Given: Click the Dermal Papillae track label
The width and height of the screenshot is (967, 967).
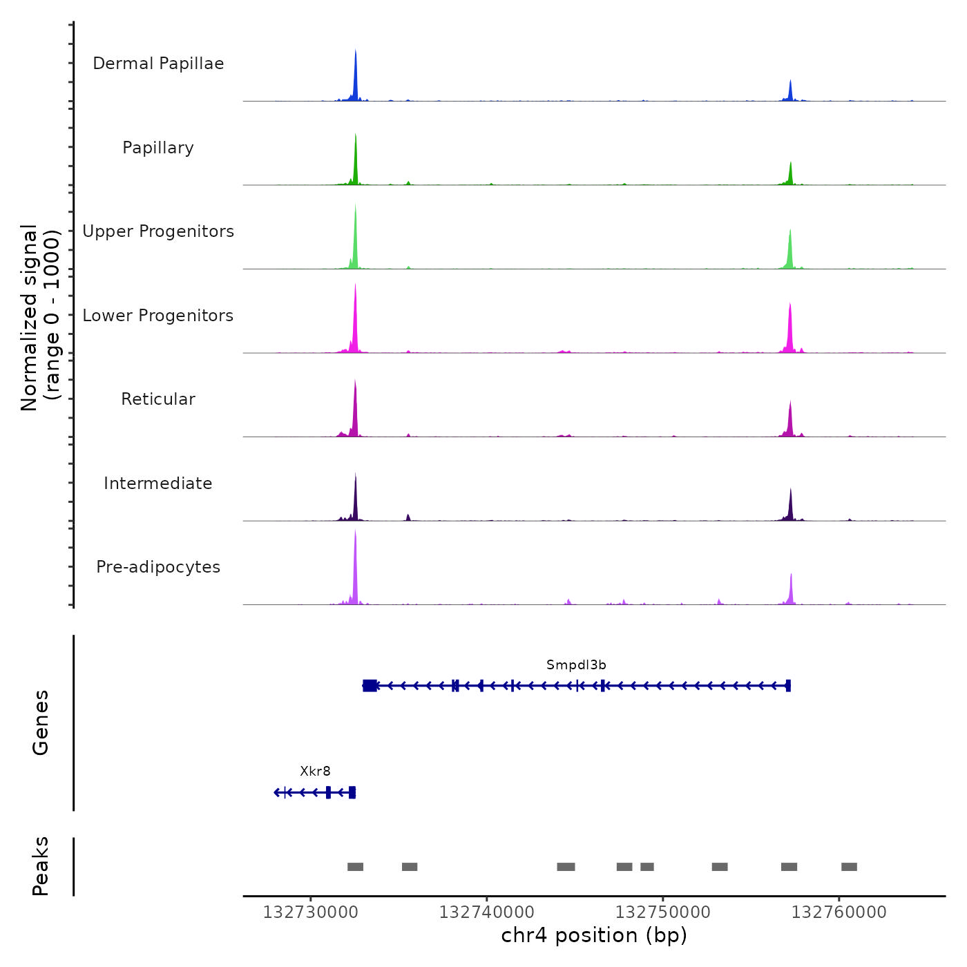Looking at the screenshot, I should [158, 64].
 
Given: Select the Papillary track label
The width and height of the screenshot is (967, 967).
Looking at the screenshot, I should [158, 148].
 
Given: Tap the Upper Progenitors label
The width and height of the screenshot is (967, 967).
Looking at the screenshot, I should [158, 231].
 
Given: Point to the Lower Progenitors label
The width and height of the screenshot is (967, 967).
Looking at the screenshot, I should [158, 316].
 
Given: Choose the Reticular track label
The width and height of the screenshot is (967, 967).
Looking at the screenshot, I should [158, 399].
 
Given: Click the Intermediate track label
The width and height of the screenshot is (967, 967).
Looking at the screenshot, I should [158, 483].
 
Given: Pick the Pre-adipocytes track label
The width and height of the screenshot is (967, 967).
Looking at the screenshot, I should [158, 567].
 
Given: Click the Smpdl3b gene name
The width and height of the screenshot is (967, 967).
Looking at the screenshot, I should [576, 665].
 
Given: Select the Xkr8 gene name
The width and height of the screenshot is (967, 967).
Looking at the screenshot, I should [315, 772].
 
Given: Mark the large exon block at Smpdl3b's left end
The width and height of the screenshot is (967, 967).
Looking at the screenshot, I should [370, 685].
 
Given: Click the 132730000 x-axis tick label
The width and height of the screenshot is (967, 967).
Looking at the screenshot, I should [311, 912].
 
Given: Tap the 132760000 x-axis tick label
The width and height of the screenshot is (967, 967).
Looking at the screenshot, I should [839, 912].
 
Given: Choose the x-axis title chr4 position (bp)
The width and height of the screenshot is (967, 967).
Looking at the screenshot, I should [594, 936].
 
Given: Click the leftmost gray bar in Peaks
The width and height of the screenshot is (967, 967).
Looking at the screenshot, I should [355, 867].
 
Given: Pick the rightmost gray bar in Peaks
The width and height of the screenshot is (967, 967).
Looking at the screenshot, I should [849, 867].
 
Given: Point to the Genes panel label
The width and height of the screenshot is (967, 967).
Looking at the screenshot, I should [41, 722].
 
